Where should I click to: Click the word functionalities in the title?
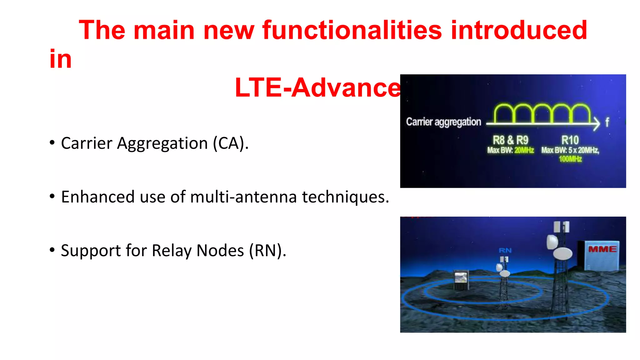click(352, 30)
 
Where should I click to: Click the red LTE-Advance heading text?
click(317, 87)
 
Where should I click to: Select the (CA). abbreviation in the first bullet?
click(231, 143)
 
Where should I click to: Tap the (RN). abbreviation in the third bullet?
click(267, 251)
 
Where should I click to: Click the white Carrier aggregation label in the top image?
click(443, 122)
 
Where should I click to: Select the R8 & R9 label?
click(510, 140)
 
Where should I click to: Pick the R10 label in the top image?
click(570, 140)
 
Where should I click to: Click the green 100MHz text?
click(570, 159)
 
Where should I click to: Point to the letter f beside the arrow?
click(607, 122)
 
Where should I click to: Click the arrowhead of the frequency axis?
click(597, 124)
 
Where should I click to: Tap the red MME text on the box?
click(602, 249)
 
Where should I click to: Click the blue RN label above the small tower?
click(505, 250)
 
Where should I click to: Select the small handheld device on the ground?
click(461, 279)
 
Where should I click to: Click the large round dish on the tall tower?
click(562, 253)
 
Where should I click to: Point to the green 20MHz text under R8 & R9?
click(524, 150)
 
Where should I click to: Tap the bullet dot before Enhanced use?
click(52, 197)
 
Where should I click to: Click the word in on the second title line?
click(61, 59)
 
